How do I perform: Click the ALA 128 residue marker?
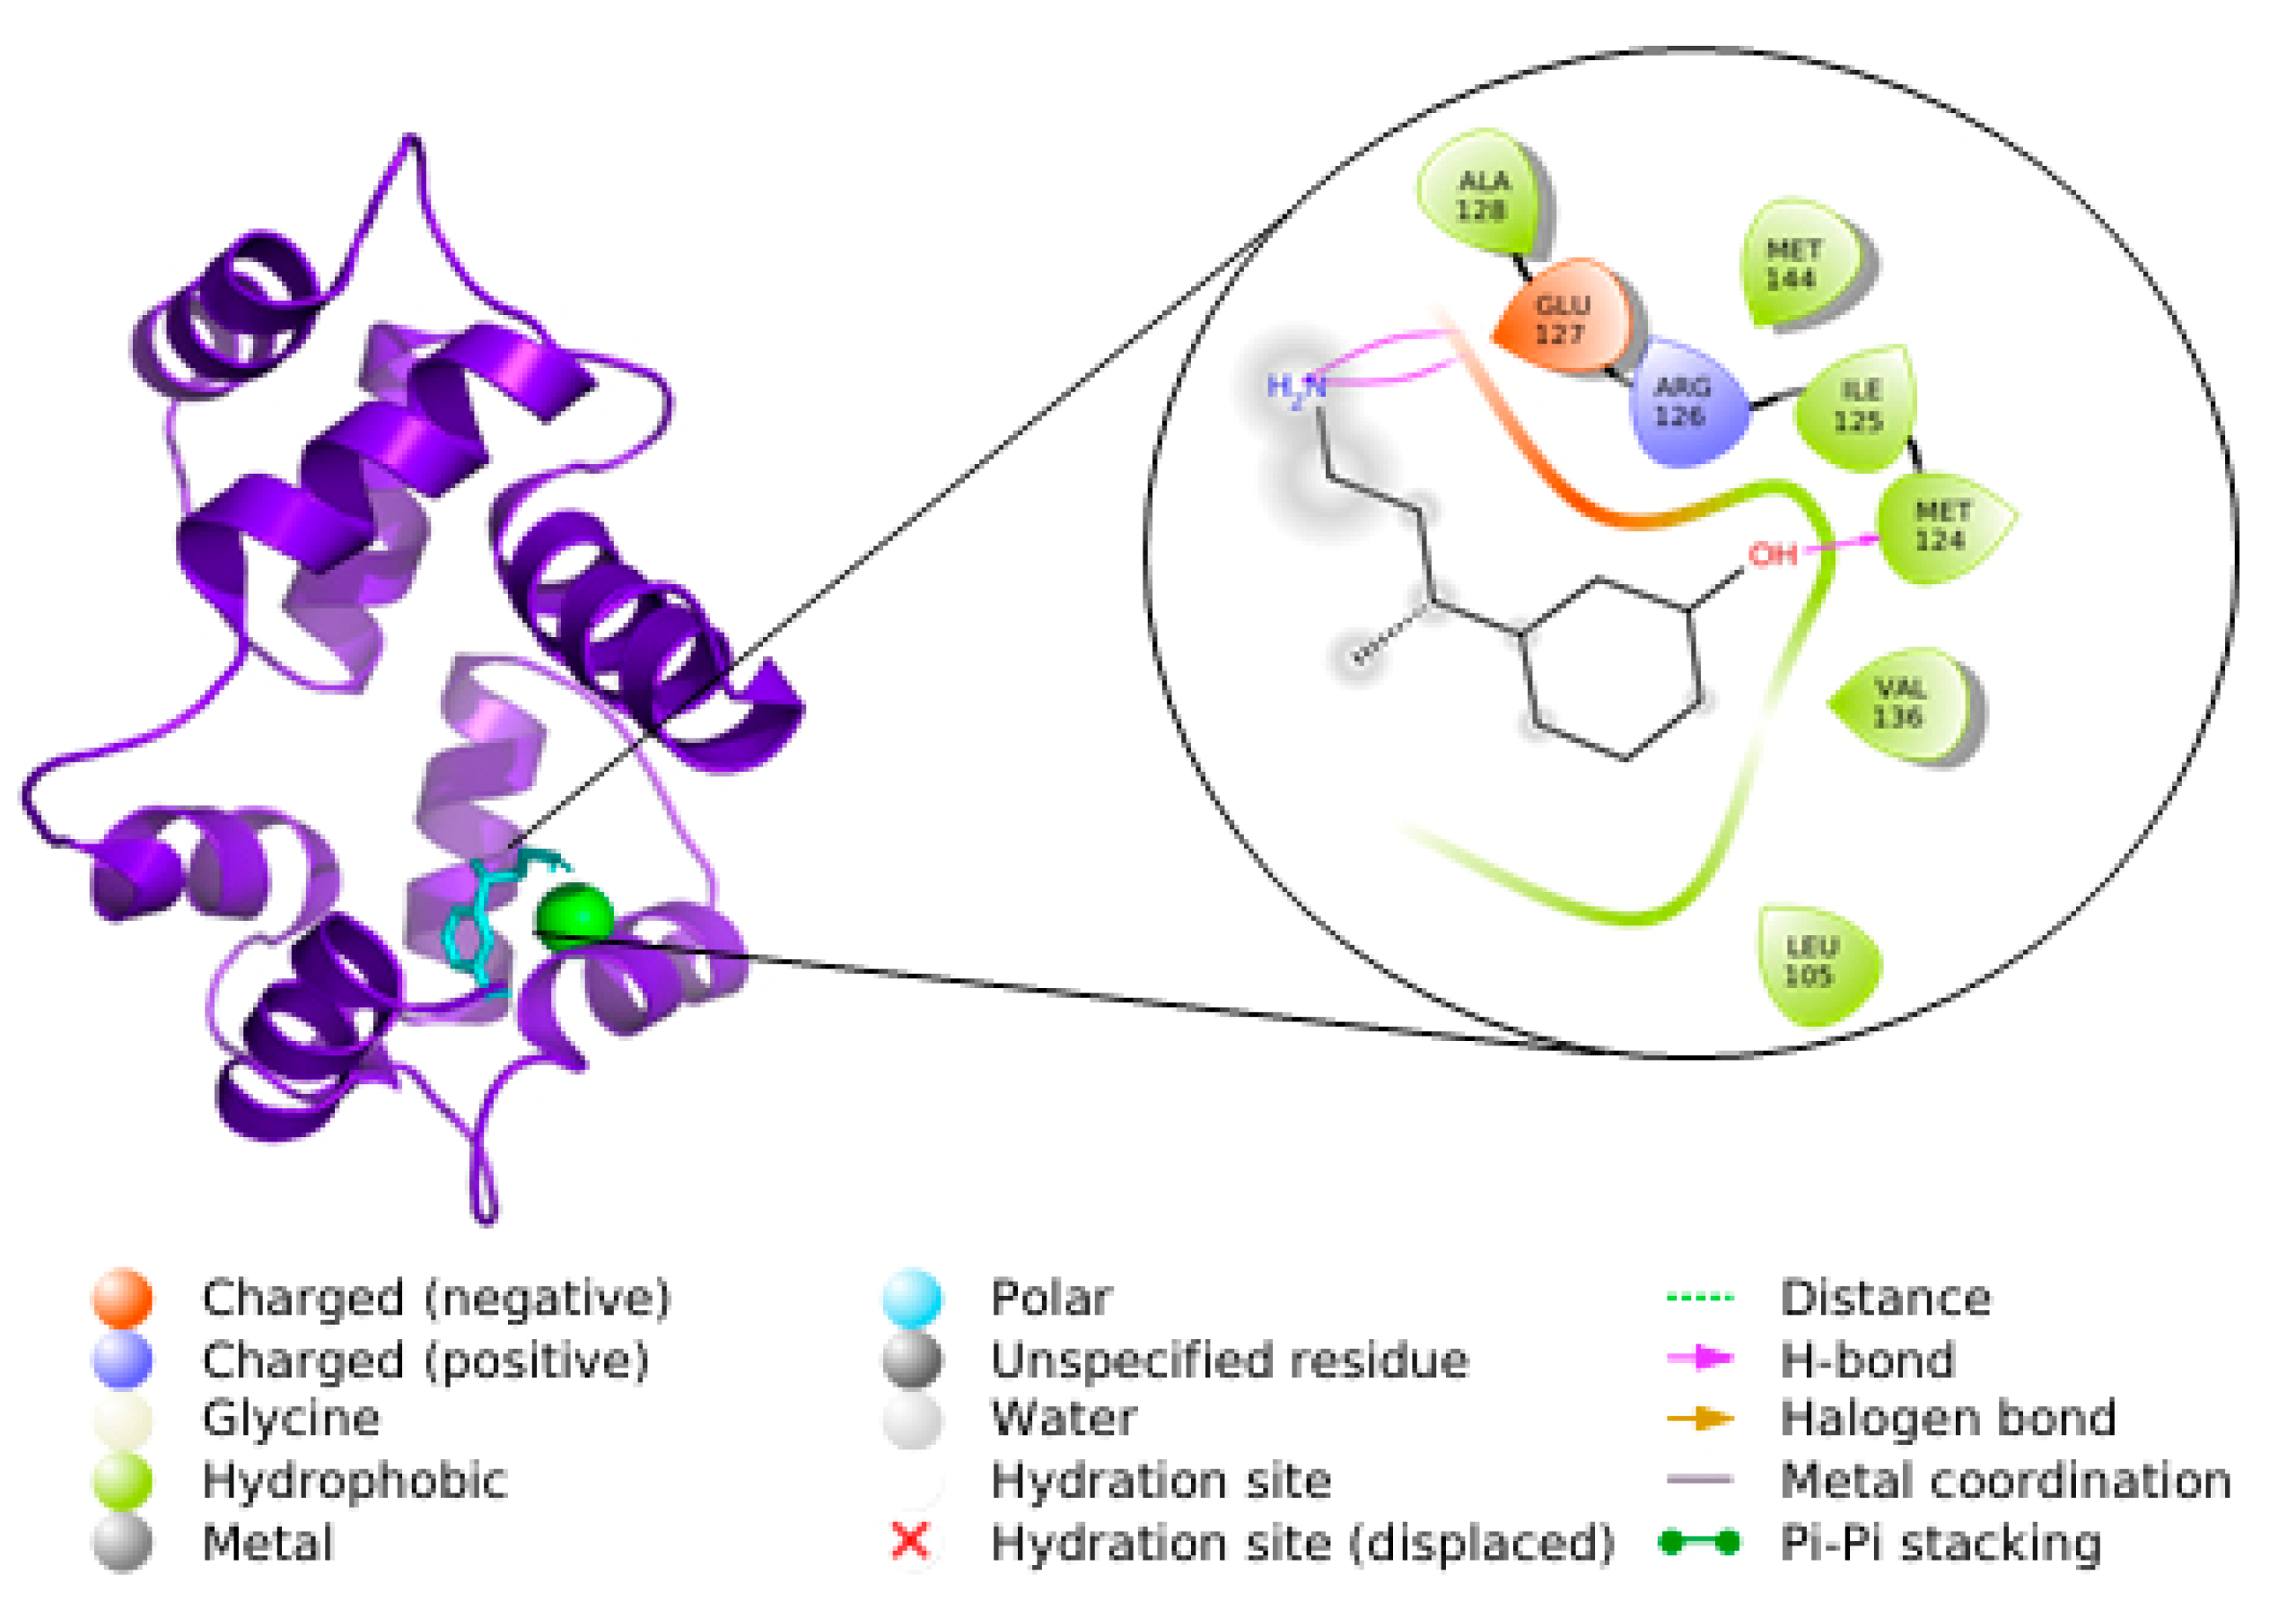pyautogui.click(x=1481, y=195)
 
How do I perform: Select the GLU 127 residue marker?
pyautogui.click(x=1562, y=318)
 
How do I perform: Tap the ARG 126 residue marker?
pyautogui.click(x=1683, y=401)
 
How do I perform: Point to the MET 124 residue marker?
pyautogui.click(x=1941, y=526)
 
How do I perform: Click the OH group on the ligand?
pyautogui.click(x=1772, y=554)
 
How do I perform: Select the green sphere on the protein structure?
pyautogui.click(x=574, y=916)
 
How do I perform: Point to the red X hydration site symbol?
pyautogui.click(x=910, y=1541)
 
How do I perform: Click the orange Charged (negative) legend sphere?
pyautogui.click(x=122, y=1298)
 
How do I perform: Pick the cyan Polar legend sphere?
pyautogui.click(x=912, y=1298)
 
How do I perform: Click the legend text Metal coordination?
pyautogui.click(x=2005, y=1481)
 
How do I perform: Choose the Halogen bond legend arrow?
pyautogui.click(x=1700, y=1420)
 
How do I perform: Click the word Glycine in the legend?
pyautogui.click(x=291, y=1420)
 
